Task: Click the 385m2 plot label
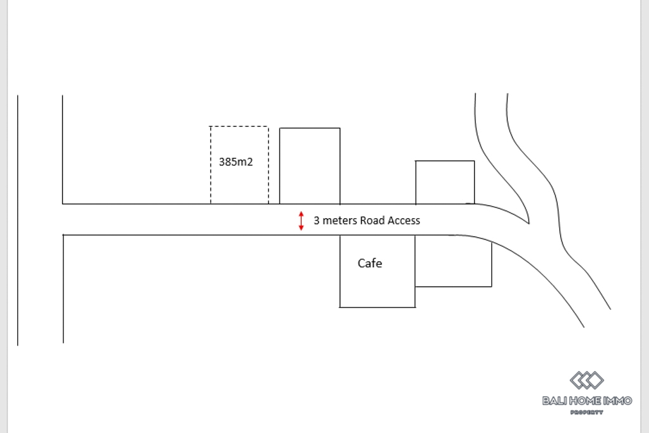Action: (x=236, y=162)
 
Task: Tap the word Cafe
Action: (x=369, y=263)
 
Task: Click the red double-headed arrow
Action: (x=302, y=221)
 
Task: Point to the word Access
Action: (x=403, y=221)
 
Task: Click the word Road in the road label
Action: (x=372, y=221)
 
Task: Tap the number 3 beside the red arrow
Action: (x=316, y=221)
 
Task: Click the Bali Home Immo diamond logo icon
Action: (x=586, y=380)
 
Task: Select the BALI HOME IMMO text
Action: (x=587, y=401)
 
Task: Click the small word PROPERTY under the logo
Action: (x=587, y=413)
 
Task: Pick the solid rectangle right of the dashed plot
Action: (x=310, y=165)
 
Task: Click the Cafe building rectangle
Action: (x=378, y=285)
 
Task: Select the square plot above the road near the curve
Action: (x=445, y=183)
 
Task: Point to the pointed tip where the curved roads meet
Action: (x=528, y=223)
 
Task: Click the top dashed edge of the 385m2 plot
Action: (x=239, y=127)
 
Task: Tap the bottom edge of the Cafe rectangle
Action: (x=378, y=307)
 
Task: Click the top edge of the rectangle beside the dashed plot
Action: (x=310, y=128)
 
